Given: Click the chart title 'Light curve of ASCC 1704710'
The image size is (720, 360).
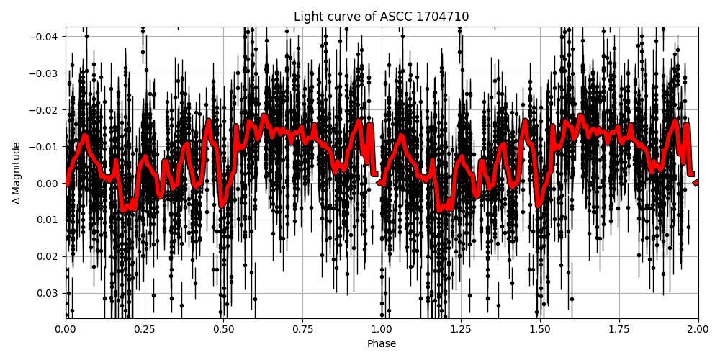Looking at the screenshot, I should pyautogui.click(x=381, y=17).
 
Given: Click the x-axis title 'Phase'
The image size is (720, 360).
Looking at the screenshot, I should pyautogui.click(x=382, y=344).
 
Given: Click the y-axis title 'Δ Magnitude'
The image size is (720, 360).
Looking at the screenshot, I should pyautogui.click(x=17, y=173).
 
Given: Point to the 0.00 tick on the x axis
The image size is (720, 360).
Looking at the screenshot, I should pyautogui.click(x=66, y=329).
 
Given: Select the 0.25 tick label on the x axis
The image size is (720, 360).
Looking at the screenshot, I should pyautogui.click(x=145, y=329).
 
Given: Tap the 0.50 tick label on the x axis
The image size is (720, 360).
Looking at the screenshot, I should pyautogui.click(x=224, y=329).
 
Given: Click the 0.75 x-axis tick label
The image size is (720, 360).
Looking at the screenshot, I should pyautogui.click(x=303, y=329).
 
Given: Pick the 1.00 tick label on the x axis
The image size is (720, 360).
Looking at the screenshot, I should pyautogui.click(x=382, y=329).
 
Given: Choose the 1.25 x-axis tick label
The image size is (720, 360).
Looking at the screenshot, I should pyautogui.click(x=461, y=329).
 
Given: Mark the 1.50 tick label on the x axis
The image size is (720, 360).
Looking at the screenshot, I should pyautogui.click(x=540, y=329).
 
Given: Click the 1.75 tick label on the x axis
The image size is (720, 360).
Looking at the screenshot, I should pyautogui.click(x=619, y=329).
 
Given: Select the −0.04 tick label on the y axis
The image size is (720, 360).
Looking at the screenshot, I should pyautogui.click(x=45, y=37).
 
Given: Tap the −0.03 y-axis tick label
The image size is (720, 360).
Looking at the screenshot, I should pyautogui.click(x=45, y=73).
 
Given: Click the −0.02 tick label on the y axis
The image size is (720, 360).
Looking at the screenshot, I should pyautogui.click(x=45, y=110).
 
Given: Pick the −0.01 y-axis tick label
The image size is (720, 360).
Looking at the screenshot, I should pyautogui.click(x=45, y=147).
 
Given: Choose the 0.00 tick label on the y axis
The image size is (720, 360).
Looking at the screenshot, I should pyautogui.click(x=48, y=184).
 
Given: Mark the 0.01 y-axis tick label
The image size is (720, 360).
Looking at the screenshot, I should pyautogui.click(x=48, y=220).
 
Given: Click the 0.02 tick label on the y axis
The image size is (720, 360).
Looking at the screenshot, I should pyautogui.click(x=48, y=256).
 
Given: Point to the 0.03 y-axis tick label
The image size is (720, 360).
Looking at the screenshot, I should pyautogui.click(x=48, y=293).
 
